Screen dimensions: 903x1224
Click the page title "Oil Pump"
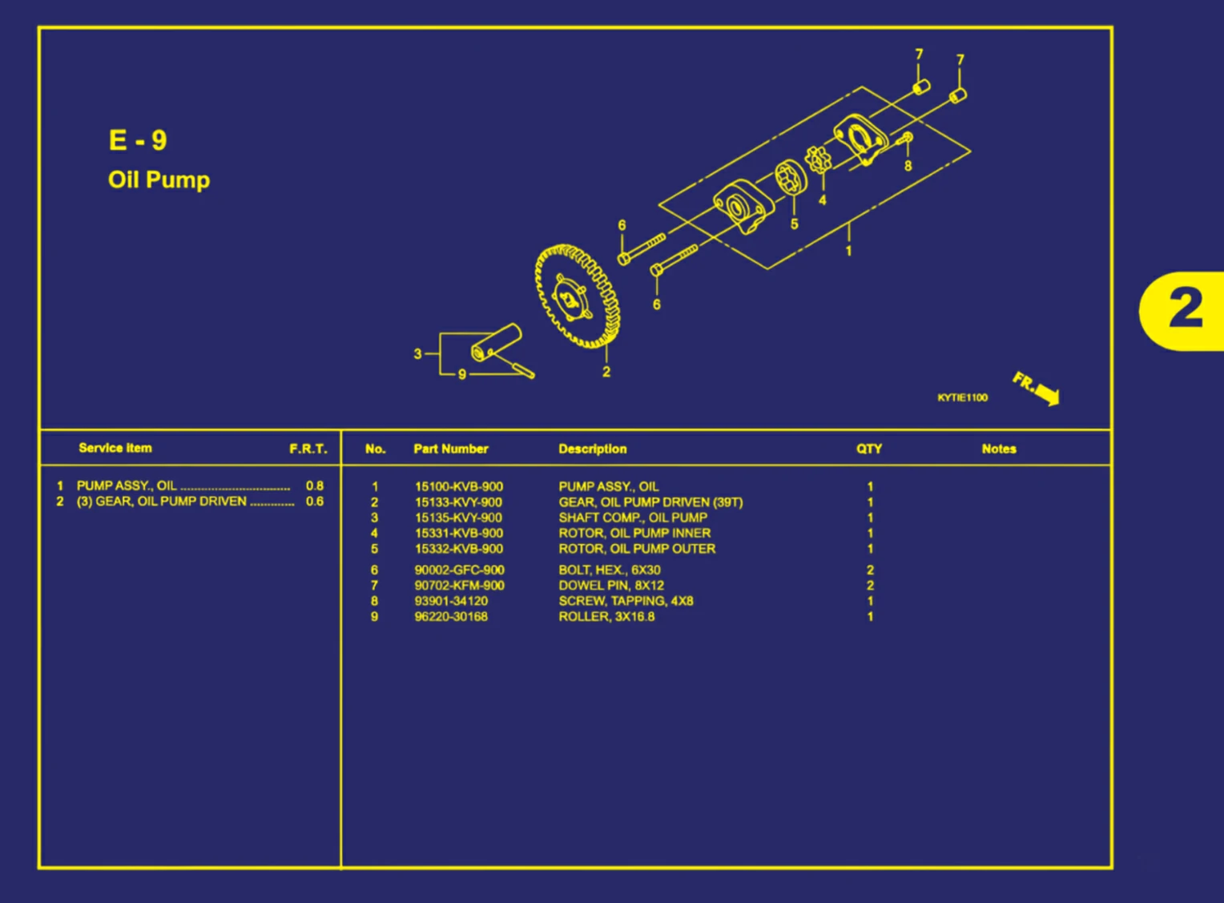tap(159, 179)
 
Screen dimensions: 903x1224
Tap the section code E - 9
tap(138, 140)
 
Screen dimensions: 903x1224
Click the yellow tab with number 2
tap(1184, 310)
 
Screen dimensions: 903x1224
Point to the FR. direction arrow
tap(1038, 389)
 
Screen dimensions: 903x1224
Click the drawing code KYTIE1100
tap(962, 397)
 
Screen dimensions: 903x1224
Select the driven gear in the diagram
tap(577, 296)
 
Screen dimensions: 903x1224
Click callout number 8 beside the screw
tap(908, 166)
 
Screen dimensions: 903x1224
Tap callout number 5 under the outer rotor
tap(794, 224)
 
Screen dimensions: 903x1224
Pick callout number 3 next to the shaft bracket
tap(417, 353)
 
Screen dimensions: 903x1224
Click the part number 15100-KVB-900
tap(458, 486)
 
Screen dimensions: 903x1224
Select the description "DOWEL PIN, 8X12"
tap(610, 586)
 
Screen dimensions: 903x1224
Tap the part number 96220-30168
tap(451, 617)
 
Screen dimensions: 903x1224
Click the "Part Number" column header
tap(450, 449)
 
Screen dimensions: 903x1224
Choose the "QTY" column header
tap(868, 449)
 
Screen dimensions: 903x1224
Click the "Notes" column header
tap(998, 449)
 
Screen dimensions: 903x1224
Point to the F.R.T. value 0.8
tap(314, 486)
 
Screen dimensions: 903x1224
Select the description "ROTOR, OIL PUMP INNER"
tap(634, 533)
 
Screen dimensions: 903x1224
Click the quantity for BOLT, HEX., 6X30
tap(870, 570)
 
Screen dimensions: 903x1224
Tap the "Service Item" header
tap(115, 448)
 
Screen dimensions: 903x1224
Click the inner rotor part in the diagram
tap(817, 159)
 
